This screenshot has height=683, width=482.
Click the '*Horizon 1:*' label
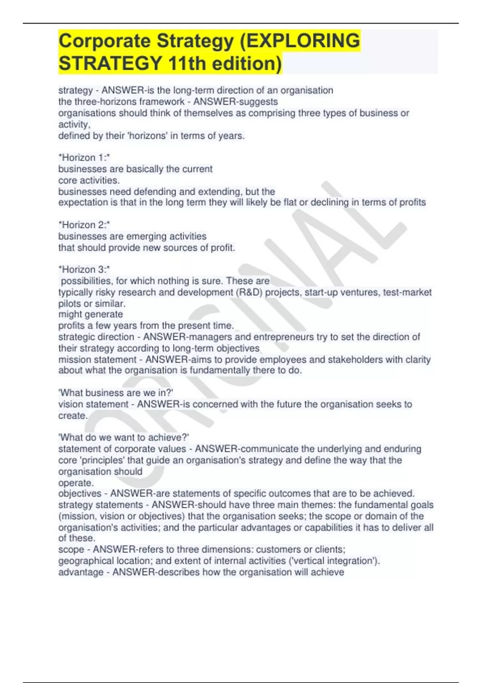pyautogui.click(x=84, y=157)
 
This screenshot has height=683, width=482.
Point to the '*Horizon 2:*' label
pyautogui.click(x=84, y=225)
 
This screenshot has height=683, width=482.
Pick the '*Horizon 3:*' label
pyautogui.click(x=84, y=269)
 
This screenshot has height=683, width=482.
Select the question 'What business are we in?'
pyautogui.click(x=116, y=393)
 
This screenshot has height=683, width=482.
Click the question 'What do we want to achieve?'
pyautogui.click(x=124, y=437)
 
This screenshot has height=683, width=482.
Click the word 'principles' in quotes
pyautogui.click(x=102, y=460)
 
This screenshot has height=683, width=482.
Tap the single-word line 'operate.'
pyautogui.click(x=76, y=483)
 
